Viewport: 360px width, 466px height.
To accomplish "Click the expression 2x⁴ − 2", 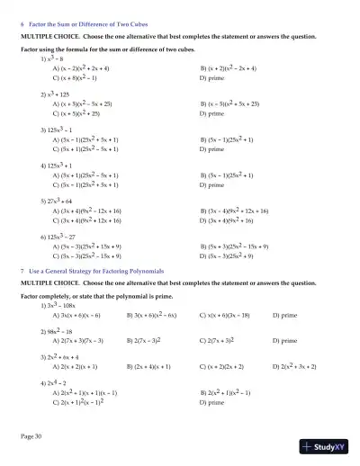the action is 50,383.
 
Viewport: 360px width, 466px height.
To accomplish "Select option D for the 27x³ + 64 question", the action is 238,220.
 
